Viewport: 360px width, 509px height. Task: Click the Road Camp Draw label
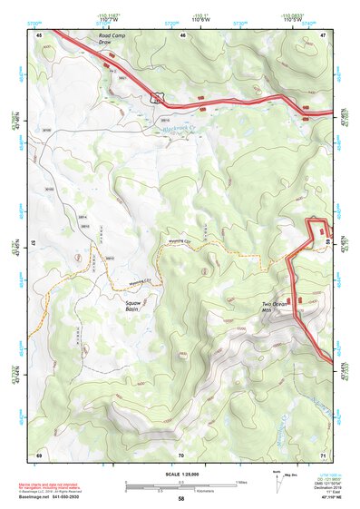113,39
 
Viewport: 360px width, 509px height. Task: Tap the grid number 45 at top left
39,34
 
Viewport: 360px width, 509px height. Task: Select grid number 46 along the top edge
182,34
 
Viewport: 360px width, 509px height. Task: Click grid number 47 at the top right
323,34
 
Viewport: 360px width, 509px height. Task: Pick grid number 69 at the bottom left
39,454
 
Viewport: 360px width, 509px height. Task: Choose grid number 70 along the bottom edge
180,454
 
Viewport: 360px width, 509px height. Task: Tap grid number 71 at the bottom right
323,454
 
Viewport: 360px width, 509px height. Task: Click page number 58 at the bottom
180,499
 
